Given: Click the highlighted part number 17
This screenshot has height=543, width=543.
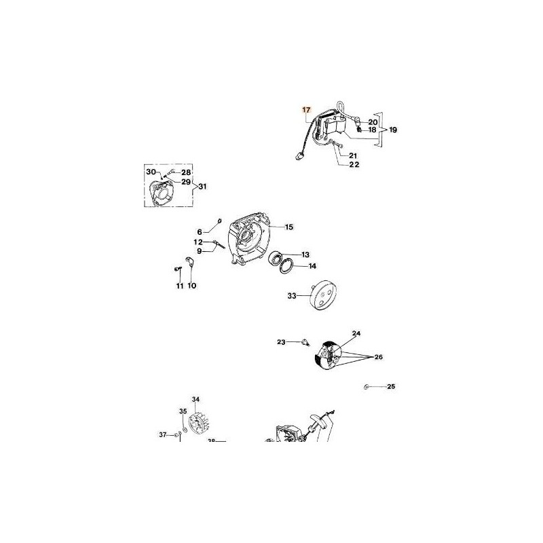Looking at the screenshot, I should coord(306,109).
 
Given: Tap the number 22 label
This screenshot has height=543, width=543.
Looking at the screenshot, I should coord(354,164).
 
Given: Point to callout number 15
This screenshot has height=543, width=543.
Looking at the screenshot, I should coord(288,227).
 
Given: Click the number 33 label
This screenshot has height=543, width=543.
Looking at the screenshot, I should coord(292,296).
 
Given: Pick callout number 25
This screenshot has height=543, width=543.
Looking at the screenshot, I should coord(390,387).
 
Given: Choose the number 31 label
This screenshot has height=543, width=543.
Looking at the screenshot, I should coord(202,187).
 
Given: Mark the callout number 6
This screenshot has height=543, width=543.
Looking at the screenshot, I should coord(200,231).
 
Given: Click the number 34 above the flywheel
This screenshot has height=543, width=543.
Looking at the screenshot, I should coord(195,399).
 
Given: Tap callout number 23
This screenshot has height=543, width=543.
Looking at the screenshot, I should coord(281,342).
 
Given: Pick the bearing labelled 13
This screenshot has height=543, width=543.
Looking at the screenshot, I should coord(278,257).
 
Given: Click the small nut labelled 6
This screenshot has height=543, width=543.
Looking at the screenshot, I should coord(221,221).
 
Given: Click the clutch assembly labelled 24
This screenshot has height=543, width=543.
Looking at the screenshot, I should coord(330,356).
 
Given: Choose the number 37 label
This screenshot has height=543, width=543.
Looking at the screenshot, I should coord(163,434).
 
